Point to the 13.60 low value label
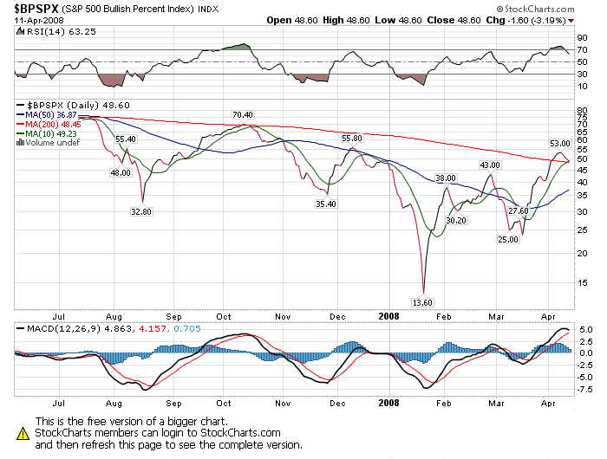pyautogui.click(x=421, y=301)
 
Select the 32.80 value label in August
pyautogui.click(x=141, y=210)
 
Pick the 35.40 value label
pyautogui.click(x=325, y=204)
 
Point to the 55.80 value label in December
pyautogui.click(x=351, y=138)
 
